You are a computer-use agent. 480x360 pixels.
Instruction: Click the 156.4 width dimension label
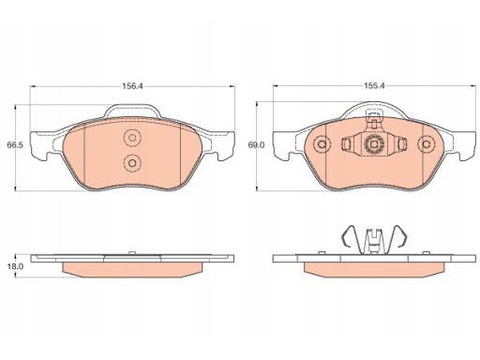pyautogui.click(x=132, y=86)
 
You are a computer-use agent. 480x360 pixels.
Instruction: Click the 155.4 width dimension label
pyautogui.click(x=374, y=86)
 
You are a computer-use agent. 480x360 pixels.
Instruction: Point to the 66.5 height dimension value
pyautogui.click(x=15, y=145)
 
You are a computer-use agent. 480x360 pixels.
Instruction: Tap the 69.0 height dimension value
pyautogui.click(x=256, y=145)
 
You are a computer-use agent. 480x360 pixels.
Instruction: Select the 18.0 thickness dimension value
pyautogui.click(x=15, y=266)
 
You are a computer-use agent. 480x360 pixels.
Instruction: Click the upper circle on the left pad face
pyautogui.click(x=132, y=138)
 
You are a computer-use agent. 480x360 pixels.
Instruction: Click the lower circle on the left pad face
pyautogui.click(x=132, y=163)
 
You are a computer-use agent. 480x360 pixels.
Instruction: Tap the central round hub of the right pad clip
pyautogui.click(x=374, y=144)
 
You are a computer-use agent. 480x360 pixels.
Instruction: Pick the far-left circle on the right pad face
pyautogui.click(x=322, y=144)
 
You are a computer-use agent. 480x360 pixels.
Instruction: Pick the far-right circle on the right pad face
pyautogui.click(x=426, y=144)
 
